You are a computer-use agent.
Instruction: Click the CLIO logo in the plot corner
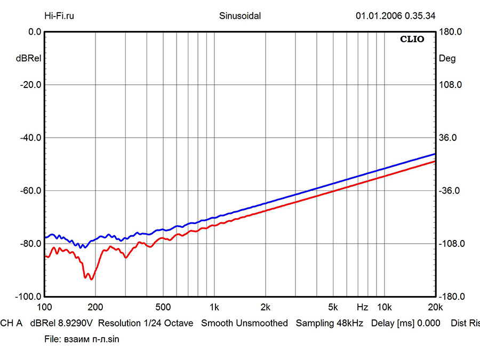(412, 39)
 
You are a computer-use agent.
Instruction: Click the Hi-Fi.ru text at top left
(59, 15)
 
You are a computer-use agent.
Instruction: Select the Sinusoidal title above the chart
(240, 15)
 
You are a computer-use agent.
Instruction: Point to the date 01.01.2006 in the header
(378, 15)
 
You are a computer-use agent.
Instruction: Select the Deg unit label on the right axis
(447, 59)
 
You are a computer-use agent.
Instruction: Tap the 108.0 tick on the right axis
(450, 85)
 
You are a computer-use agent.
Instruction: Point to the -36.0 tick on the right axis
(450, 190)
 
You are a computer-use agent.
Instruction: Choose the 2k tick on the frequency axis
(266, 307)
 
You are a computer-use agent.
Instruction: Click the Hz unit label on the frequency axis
(362, 307)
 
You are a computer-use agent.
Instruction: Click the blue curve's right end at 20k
(435, 154)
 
